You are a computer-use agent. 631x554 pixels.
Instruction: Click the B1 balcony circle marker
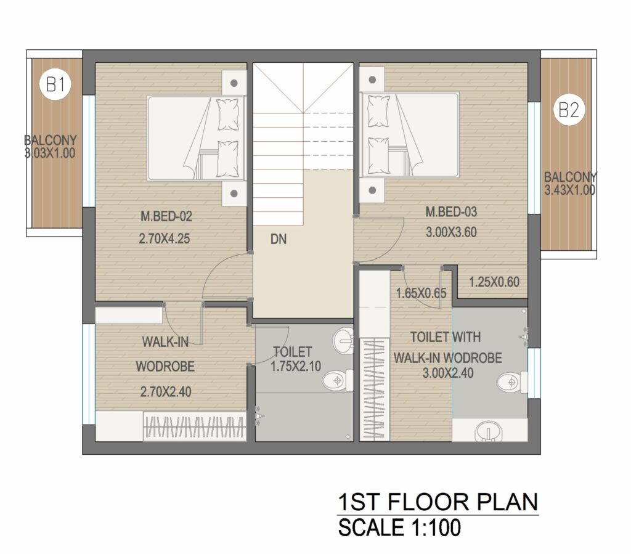pyautogui.click(x=55, y=84)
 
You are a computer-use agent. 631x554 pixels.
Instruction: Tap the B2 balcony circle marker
pyautogui.click(x=569, y=110)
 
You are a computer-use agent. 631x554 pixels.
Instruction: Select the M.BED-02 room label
pyautogui.click(x=166, y=217)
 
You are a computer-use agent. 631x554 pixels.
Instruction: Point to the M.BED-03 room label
pyautogui.click(x=451, y=211)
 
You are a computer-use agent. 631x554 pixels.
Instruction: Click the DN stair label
pyautogui.click(x=279, y=239)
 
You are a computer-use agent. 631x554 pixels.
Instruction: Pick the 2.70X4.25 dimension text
pyautogui.click(x=164, y=238)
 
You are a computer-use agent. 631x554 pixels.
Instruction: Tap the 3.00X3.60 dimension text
pyautogui.click(x=451, y=232)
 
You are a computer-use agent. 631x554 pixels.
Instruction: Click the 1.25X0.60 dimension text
pyautogui.click(x=494, y=282)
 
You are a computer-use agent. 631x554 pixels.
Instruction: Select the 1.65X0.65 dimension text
pyautogui.click(x=421, y=293)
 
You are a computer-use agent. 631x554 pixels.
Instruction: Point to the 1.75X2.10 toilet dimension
pyautogui.click(x=296, y=367)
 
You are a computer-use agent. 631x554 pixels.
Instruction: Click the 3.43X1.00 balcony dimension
pyautogui.click(x=570, y=190)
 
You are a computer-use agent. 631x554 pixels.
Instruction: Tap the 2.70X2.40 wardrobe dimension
pyautogui.click(x=165, y=391)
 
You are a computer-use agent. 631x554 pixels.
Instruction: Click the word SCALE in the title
pyautogui.click(x=371, y=528)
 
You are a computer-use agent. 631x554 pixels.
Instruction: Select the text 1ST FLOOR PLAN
pyautogui.click(x=438, y=502)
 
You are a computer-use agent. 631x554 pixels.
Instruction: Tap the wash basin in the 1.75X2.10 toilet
pyautogui.click(x=343, y=340)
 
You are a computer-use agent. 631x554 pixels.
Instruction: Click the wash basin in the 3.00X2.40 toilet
pyautogui.click(x=488, y=433)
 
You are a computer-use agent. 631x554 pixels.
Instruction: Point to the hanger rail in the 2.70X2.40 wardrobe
pyautogui.click(x=195, y=427)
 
